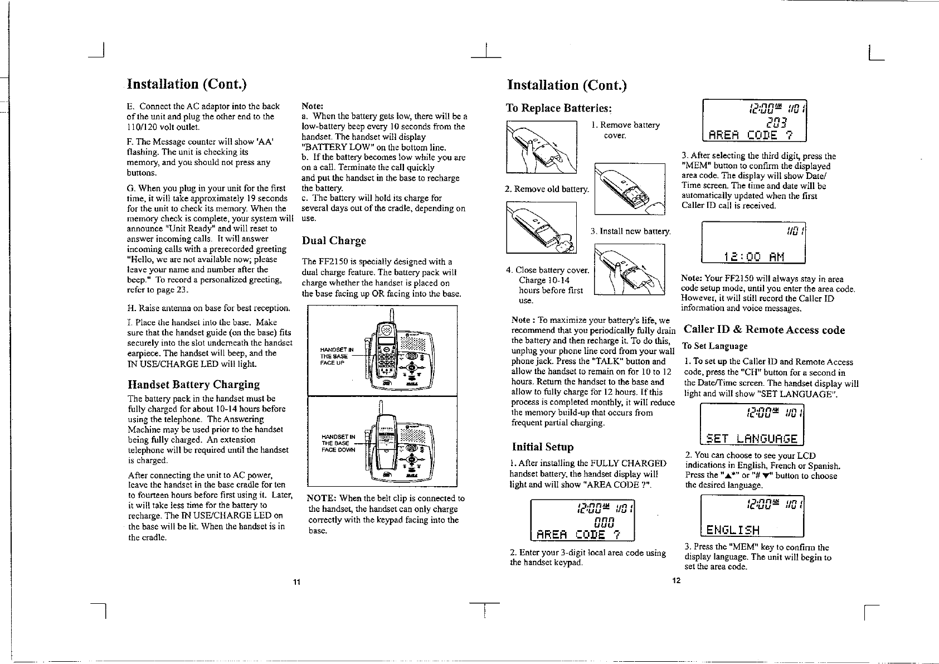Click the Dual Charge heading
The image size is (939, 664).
[x=334, y=241]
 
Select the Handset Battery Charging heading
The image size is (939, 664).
[x=193, y=385]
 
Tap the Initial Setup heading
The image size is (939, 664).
[x=542, y=447]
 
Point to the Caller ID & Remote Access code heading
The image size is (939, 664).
[x=764, y=330]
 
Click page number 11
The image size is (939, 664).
[x=297, y=583]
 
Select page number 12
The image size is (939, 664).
[x=676, y=581]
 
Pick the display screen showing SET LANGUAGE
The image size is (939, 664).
[x=752, y=424]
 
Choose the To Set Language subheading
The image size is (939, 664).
[x=715, y=346]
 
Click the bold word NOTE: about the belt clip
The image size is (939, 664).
[x=321, y=498]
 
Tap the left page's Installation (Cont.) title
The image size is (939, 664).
[x=187, y=84]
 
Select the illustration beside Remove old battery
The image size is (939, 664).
[x=630, y=188]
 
